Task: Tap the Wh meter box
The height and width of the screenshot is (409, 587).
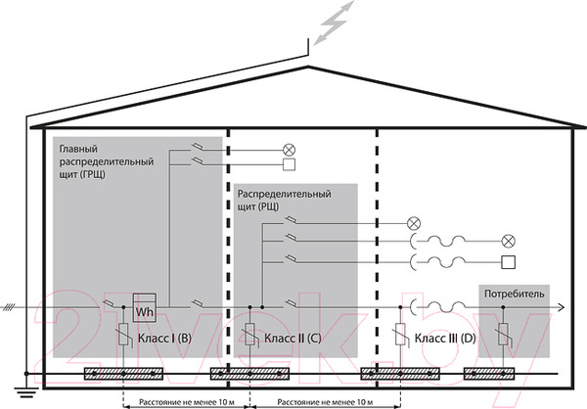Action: point(145,310)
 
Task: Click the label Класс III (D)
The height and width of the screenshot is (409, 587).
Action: point(445,338)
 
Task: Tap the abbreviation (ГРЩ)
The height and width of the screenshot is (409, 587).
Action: point(88,172)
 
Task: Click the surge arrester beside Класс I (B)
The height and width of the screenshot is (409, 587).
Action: point(122,338)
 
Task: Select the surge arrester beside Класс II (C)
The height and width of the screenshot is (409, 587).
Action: point(250,338)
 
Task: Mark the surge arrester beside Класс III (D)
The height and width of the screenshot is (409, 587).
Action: point(401,338)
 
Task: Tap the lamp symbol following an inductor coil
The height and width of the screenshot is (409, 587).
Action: point(508,240)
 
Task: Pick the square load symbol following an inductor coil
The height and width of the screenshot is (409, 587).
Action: point(508,261)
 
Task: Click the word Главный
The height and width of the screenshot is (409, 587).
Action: point(79,145)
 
